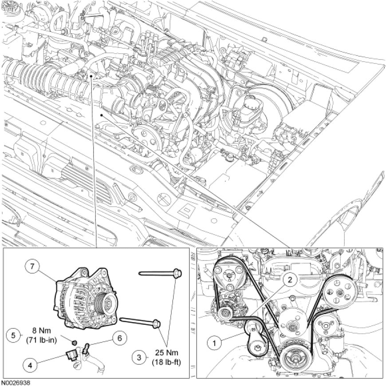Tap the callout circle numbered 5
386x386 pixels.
tap(14, 335)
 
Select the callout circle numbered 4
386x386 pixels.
tap(30, 365)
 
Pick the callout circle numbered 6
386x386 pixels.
tap(120, 338)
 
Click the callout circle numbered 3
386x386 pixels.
tap(139, 357)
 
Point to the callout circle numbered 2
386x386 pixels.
tap(290, 280)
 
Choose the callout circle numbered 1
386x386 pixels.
tap(214, 343)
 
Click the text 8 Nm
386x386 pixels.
tap(41, 331)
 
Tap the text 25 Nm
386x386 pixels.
tap(167, 353)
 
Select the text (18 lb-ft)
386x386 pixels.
tap(167, 362)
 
